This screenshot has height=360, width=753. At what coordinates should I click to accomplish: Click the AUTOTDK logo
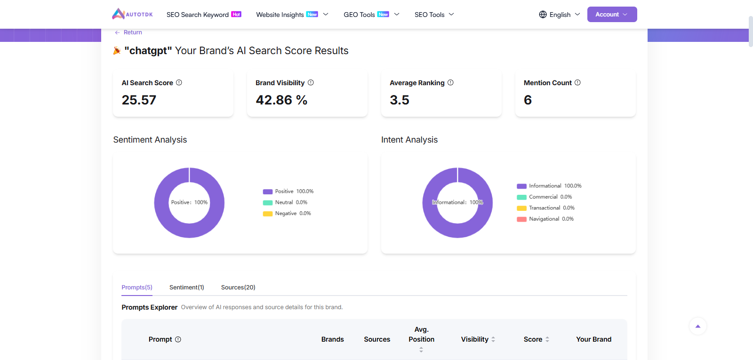click(x=132, y=14)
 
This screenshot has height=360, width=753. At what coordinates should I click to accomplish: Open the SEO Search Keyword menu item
click(x=198, y=15)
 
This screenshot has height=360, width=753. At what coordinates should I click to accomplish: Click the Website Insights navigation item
click(x=280, y=15)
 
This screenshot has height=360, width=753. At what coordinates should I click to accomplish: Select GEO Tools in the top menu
click(x=359, y=15)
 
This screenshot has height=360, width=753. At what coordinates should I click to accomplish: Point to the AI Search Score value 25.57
click(x=139, y=100)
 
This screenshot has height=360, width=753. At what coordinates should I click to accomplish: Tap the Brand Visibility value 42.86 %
click(x=281, y=100)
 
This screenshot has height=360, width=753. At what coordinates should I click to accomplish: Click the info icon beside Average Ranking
click(x=450, y=82)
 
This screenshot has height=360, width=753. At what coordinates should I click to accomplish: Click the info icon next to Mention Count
click(x=577, y=82)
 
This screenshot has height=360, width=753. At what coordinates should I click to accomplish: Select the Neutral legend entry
click(x=284, y=202)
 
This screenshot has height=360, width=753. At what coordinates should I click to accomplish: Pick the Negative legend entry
click(x=286, y=213)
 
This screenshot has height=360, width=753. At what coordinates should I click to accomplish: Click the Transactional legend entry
click(x=545, y=208)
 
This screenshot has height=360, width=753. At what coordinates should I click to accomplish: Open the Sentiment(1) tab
click(x=187, y=287)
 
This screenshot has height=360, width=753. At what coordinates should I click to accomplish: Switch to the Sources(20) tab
click(x=238, y=287)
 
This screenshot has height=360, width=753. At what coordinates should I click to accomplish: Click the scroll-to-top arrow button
click(x=698, y=326)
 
